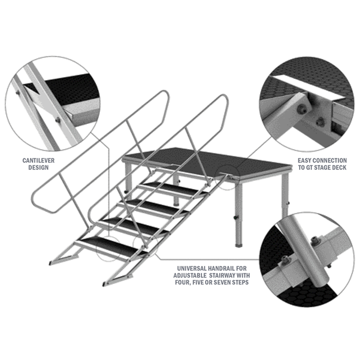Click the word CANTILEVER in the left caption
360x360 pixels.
(39, 161)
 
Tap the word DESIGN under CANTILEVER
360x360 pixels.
(39, 167)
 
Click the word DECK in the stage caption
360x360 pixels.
(339, 167)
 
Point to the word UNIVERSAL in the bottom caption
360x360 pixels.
(192, 268)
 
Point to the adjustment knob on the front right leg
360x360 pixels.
(235, 217)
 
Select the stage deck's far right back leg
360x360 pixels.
(285, 195)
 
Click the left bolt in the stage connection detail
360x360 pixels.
(301, 109)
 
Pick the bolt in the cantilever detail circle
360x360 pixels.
(58, 120)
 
